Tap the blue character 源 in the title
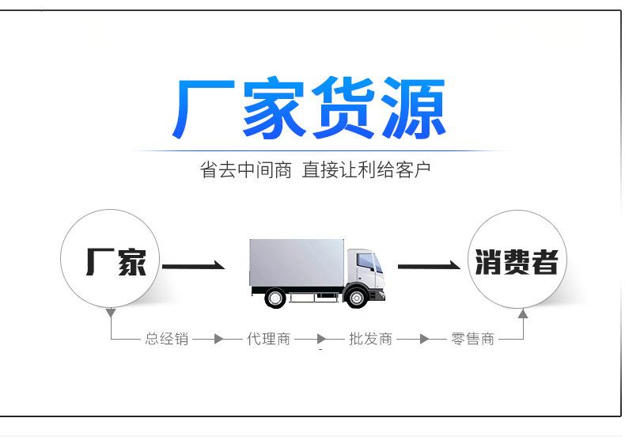click(413, 108)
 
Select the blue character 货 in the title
click(343, 108)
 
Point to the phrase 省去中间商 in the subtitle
click(245, 170)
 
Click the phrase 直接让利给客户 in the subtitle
click(366, 170)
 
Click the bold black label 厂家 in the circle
click(116, 262)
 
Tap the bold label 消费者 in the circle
click(516, 262)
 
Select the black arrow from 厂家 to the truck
click(193, 265)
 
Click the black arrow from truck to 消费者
click(429, 265)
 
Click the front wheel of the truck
click(356, 298)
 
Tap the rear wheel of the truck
click(275, 298)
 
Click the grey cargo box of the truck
click(297, 262)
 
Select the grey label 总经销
click(167, 339)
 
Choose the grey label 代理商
click(268, 339)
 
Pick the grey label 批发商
click(371, 339)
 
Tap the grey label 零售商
click(473, 339)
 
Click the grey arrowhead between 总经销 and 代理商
click(218, 339)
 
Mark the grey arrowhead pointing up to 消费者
click(523, 313)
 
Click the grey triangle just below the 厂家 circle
click(111, 313)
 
